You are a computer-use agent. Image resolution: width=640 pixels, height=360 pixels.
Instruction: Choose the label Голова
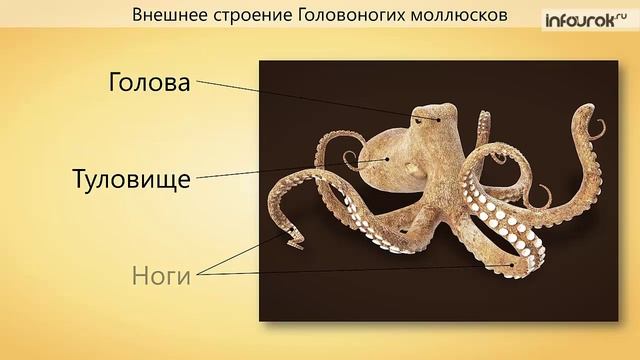149,84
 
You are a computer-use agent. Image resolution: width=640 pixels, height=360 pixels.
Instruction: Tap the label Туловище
132,181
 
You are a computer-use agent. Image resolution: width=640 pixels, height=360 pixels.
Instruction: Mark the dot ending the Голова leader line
436,119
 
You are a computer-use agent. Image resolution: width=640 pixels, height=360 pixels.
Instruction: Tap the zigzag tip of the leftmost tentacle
294,237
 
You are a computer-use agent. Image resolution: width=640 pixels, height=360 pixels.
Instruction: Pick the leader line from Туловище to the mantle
290,169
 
